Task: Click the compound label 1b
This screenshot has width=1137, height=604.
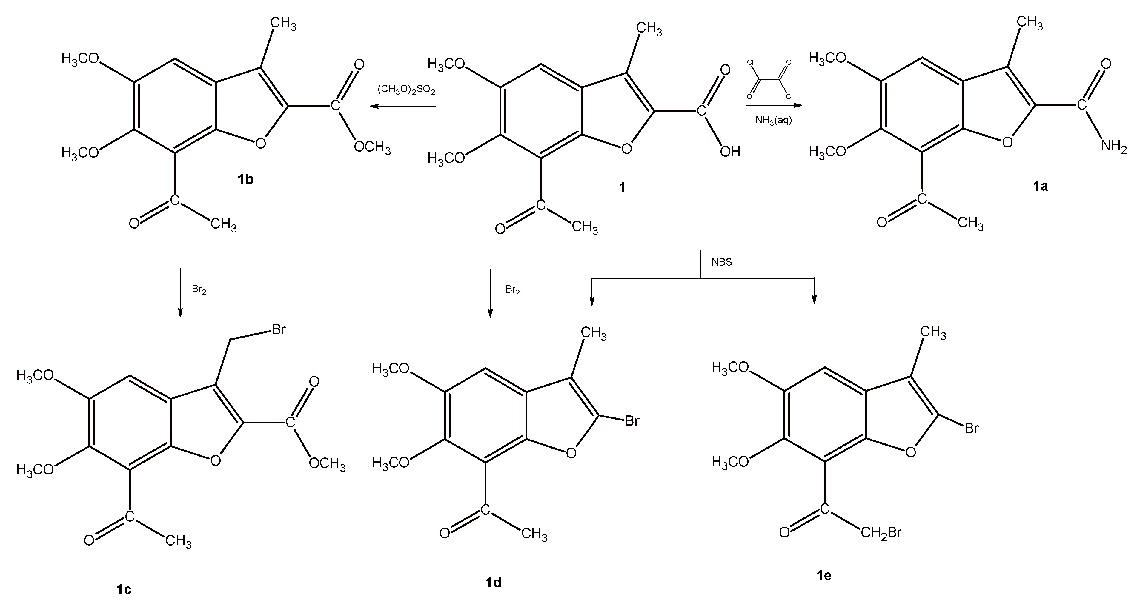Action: click(245, 179)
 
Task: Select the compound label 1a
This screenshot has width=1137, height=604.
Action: click(1040, 186)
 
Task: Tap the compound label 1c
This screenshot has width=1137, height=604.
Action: click(124, 589)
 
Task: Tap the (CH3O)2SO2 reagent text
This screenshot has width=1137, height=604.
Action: click(406, 90)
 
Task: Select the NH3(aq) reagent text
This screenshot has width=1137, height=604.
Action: click(773, 120)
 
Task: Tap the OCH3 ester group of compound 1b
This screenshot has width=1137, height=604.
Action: click(372, 147)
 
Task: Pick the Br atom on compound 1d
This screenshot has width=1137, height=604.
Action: click(632, 421)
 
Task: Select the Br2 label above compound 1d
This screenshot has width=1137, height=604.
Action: click(512, 290)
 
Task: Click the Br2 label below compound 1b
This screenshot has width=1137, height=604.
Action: click(199, 289)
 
